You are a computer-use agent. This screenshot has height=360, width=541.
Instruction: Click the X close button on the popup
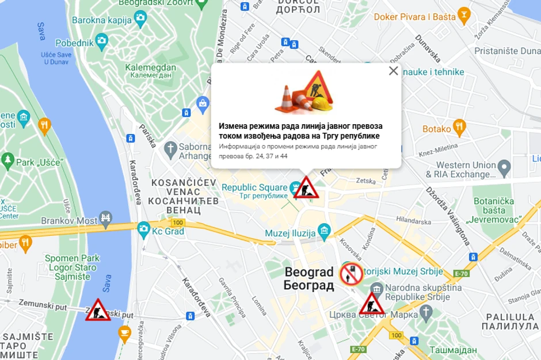tap(393, 71)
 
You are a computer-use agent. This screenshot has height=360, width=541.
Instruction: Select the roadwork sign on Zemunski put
tap(98, 310)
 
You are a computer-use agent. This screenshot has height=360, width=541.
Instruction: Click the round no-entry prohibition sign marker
tap(350, 274)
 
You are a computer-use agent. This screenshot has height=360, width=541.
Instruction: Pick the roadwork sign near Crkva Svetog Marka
tap(372, 304)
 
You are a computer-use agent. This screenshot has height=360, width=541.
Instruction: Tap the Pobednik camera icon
tap(102, 40)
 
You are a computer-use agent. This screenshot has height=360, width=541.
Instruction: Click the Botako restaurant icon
tap(459, 125)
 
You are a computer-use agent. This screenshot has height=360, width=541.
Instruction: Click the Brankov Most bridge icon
tap(105, 217)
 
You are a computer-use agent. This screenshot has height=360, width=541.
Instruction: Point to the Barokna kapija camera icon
tap(140, 18)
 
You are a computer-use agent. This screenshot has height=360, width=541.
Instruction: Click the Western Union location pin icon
tap(504, 168)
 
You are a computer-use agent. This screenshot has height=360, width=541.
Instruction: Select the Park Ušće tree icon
tap(7, 159)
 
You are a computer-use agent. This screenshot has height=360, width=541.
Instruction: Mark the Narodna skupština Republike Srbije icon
tap(377, 289)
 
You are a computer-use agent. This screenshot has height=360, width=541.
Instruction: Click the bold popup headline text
tap(300, 131)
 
